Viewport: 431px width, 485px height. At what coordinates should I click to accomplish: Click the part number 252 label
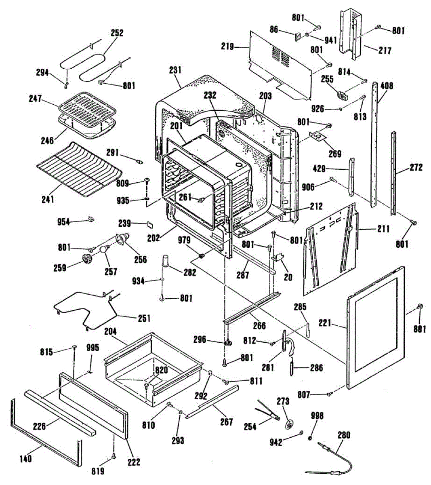(117, 33)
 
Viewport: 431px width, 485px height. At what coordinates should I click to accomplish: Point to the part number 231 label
(175, 70)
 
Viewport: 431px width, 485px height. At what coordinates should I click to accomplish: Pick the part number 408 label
(387, 86)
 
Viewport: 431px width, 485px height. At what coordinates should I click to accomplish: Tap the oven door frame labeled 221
(376, 327)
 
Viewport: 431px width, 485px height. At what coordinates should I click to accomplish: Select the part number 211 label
(383, 229)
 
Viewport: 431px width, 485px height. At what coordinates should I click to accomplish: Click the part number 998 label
(317, 415)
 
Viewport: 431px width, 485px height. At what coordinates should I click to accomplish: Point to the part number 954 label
(63, 221)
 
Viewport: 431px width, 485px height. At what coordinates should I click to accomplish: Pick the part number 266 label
(259, 325)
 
